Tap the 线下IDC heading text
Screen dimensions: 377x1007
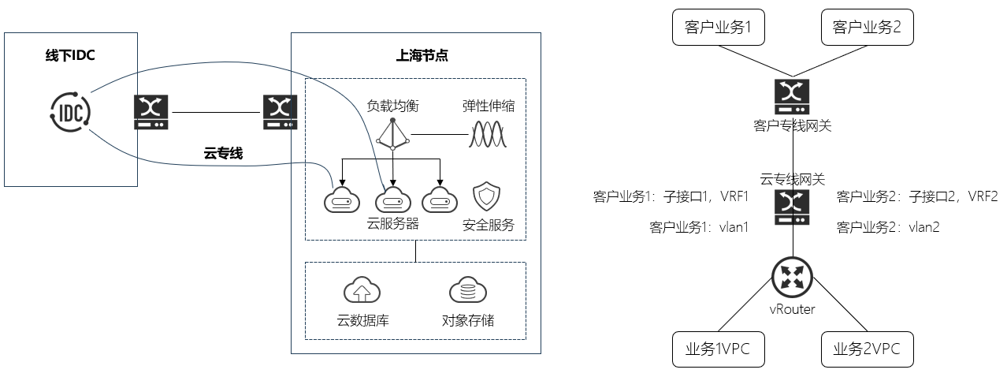point(70,55)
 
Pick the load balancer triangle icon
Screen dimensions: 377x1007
point(392,136)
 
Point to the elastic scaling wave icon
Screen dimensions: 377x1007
point(488,135)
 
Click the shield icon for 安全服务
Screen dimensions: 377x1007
point(485,196)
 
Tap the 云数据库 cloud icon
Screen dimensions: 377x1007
point(362,291)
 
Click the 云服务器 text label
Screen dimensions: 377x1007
point(392,224)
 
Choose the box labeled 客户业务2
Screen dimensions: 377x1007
point(866,28)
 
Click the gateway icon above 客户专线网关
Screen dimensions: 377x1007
point(792,95)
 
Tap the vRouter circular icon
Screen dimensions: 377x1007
point(792,277)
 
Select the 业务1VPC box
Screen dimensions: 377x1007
point(718,349)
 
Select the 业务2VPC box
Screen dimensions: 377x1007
point(866,349)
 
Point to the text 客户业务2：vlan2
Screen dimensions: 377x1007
point(887,227)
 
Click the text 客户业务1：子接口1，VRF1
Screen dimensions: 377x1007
point(671,196)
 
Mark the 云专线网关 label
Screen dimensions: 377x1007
point(792,179)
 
